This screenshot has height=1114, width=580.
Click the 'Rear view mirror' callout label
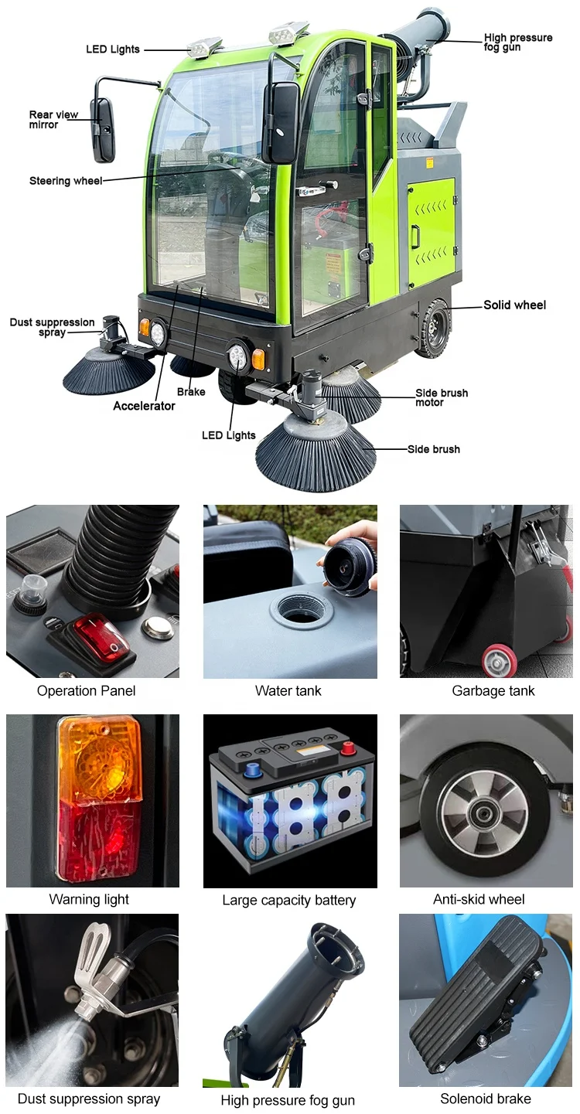point(53,120)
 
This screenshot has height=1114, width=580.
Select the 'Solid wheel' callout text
point(514,305)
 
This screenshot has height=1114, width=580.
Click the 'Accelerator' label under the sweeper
point(144,406)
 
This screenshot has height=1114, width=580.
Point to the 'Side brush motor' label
point(442,397)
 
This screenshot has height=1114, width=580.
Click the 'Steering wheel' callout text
point(65,181)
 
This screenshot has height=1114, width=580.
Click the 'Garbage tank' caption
point(493,690)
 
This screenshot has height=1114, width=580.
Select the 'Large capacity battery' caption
point(288,900)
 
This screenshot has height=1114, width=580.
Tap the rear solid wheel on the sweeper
point(433,328)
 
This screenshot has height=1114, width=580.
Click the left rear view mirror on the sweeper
point(103,130)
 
